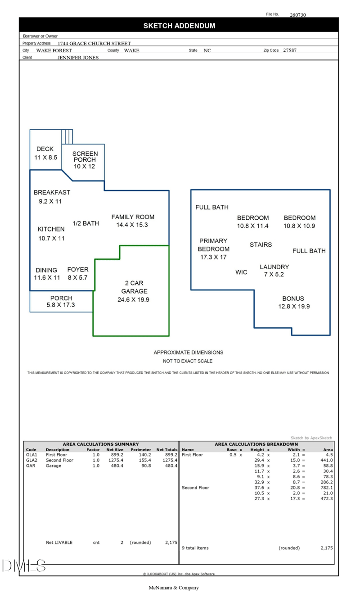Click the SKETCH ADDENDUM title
[179, 26]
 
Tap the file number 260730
[298, 15]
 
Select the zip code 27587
[290, 50]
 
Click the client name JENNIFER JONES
[78, 58]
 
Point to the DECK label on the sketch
[45, 149]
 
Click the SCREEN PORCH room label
[85, 156]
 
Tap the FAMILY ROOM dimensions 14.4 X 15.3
[132, 225]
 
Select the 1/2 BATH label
[86, 223]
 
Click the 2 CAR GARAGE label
[134, 287]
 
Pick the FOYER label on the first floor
[78, 270]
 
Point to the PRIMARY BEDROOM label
[214, 245]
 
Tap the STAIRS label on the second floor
[261, 244]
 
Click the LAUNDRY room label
[274, 267]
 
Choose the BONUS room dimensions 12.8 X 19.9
[294, 307]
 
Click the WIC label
[241, 272]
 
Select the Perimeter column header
[140, 449]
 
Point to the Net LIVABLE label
[59, 543]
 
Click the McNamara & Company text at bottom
[174, 588]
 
